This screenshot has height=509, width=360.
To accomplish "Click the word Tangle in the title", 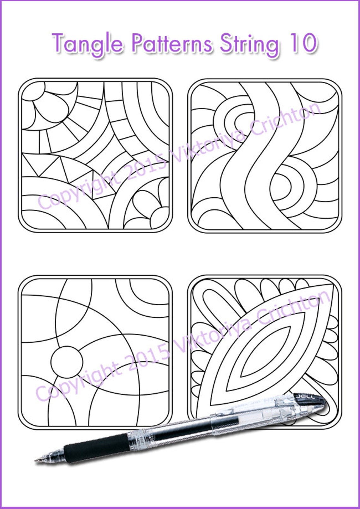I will [87, 44].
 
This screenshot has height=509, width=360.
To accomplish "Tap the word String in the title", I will [249, 44].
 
